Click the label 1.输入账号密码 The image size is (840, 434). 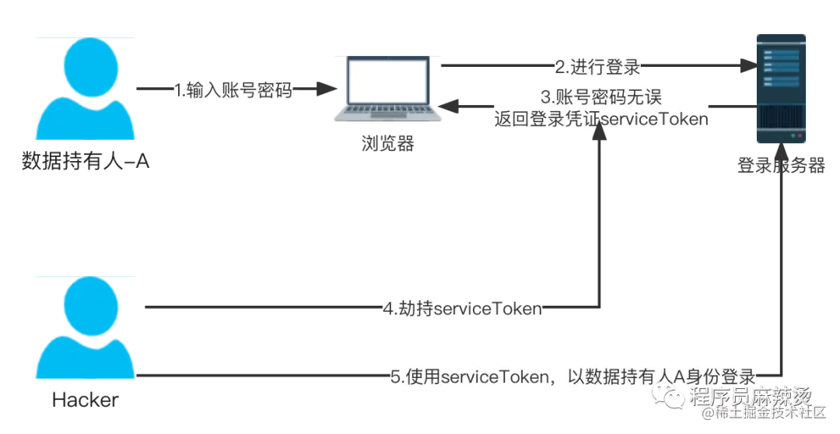(233, 91)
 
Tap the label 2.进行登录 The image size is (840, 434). (597, 67)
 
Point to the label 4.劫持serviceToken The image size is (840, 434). (461, 309)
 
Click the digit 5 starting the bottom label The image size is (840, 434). (395, 376)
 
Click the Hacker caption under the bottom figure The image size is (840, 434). (86, 400)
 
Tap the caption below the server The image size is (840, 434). (781, 165)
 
